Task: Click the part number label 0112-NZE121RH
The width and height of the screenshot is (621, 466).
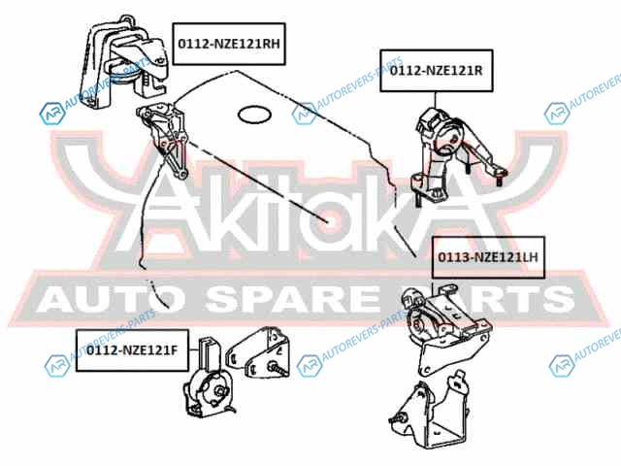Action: tap(229, 44)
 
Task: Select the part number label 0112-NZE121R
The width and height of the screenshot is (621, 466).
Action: tap(437, 71)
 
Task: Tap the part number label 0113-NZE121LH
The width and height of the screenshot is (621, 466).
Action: tap(488, 257)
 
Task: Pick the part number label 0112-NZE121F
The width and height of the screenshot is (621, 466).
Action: tap(132, 350)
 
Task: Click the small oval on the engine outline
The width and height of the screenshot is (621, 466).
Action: tap(254, 115)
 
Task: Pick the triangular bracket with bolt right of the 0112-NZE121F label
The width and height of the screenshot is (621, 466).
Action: tap(258, 353)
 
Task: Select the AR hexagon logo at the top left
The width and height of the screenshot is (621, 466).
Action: tap(52, 114)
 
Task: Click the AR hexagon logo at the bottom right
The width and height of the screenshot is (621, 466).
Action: tap(562, 365)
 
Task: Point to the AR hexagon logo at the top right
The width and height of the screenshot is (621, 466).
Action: tap(557, 114)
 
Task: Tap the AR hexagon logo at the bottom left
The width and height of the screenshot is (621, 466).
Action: tap(57, 365)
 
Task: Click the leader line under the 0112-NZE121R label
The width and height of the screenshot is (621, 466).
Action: tap(436, 100)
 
